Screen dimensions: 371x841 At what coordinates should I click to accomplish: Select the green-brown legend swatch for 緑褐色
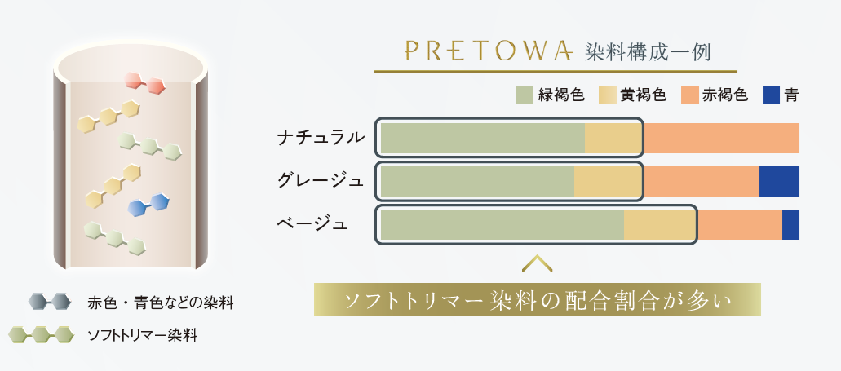pyautogui.click(x=525, y=95)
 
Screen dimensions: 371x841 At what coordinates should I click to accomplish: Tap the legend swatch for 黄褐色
pyautogui.click(x=607, y=95)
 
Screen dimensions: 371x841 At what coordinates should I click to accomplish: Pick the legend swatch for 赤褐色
pyautogui.click(x=690, y=95)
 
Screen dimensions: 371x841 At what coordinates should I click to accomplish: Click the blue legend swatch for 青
pyautogui.click(x=771, y=95)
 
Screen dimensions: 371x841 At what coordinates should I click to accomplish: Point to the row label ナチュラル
pyautogui.click(x=319, y=138)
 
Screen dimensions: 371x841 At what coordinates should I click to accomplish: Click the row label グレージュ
pyautogui.click(x=319, y=181)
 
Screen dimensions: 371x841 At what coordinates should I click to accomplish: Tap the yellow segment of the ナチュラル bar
pyautogui.click(x=613, y=138)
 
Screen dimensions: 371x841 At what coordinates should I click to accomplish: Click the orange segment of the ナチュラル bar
pyautogui.click(x=721, y=138)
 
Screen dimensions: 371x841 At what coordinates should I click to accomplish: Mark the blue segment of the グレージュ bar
pyautogui.click(x=779, y=181)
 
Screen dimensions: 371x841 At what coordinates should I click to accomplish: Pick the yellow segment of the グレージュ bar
pyautogui.click(x=608, y=181)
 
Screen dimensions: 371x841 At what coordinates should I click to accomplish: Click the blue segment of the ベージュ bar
pyautogui.click(x=790, y=224)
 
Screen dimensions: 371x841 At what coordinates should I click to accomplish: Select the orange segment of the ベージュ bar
pyautogui.click(x=739, y=224)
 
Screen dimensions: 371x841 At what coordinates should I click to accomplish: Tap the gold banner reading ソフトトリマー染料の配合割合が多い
pyautogui.click(x=538, y=299)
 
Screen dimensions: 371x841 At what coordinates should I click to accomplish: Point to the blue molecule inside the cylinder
pyautogui.click(x=148, y=203)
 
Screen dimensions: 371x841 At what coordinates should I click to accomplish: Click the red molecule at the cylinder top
pyautogui.click(x=146, y=82)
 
